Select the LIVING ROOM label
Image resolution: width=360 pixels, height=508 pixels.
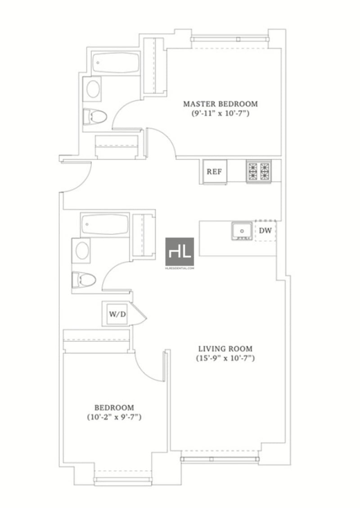[225, 348]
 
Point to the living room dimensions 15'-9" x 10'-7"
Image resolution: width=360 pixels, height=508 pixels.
[225, 359]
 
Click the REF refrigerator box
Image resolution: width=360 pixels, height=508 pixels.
[214, 172]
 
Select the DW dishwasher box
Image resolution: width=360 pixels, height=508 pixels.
[265, 230]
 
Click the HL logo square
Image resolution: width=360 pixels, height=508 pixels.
[180, 251]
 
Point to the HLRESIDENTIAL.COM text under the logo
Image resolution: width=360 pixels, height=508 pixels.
[180, 268]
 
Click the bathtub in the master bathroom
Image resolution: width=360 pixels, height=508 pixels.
[115, 64]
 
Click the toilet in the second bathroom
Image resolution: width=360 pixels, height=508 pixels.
[85, 280]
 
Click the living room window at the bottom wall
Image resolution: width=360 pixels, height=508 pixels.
[220, 459]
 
